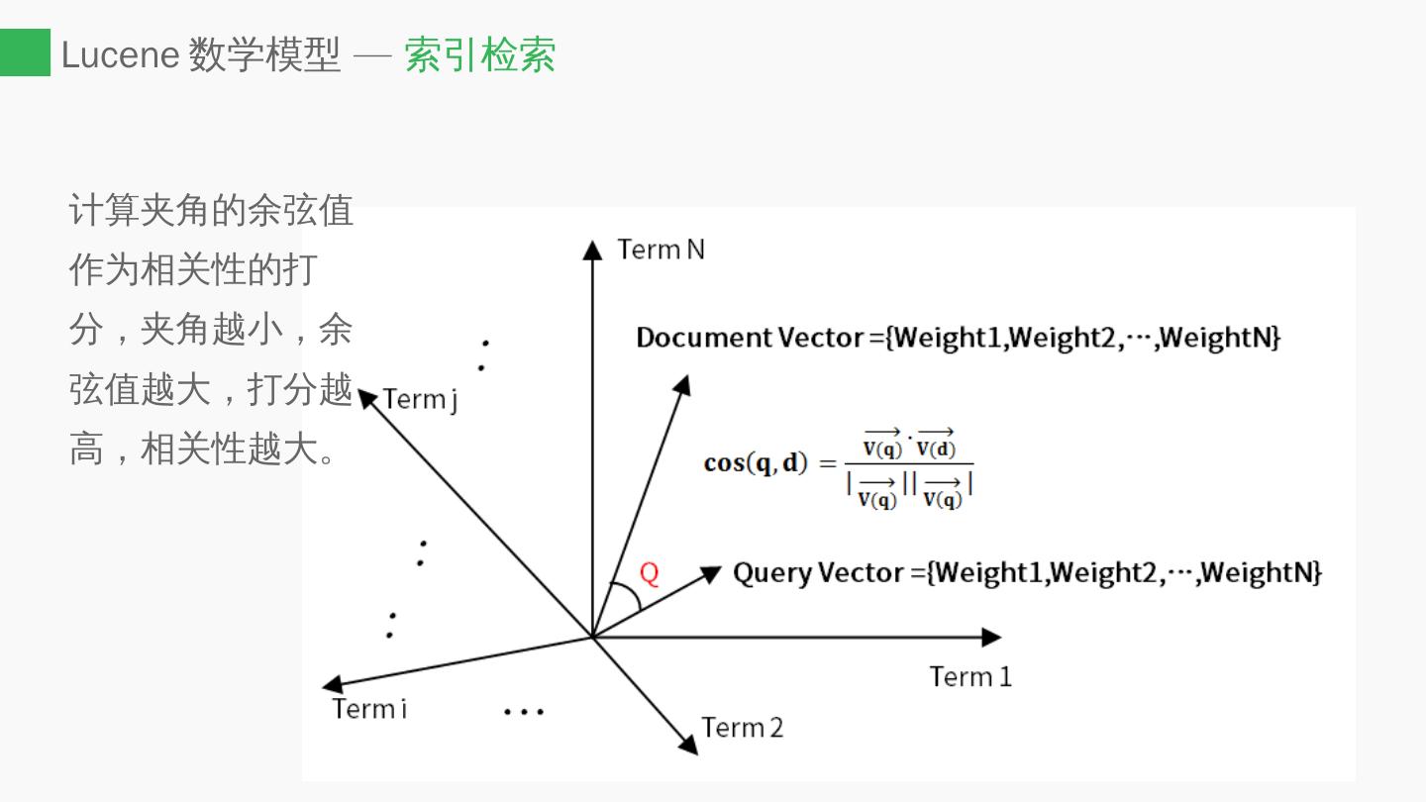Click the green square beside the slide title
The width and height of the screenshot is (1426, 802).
(x=25, y=52)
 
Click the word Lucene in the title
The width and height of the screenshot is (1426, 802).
(x=120, y=54)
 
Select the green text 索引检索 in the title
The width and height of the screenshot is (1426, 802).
(x=479, y=54)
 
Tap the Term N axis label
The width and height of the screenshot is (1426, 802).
(x=661, y=250)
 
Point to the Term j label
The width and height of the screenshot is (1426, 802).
(x=420, y=399)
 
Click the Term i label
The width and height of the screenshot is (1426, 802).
(x=369, y=709)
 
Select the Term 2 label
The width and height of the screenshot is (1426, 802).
(x=742, y=728)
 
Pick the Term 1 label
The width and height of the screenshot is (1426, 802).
(x=970, y=677)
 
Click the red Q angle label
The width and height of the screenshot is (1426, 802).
(x=650, y=573)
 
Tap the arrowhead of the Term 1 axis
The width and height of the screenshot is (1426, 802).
(x=991, y=637)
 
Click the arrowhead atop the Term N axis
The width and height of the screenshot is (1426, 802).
(x=592, y=250)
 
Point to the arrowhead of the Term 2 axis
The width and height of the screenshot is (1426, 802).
(x=687, y=744)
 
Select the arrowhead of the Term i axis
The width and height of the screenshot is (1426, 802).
(x=334, y=684)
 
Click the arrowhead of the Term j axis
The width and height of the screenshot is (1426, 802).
(x=367, y=398)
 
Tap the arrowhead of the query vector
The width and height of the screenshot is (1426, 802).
(x=711, y=572)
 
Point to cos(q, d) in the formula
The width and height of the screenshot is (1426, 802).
(x=756, y=462)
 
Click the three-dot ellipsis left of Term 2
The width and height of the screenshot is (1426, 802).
(x=523, y=711)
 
